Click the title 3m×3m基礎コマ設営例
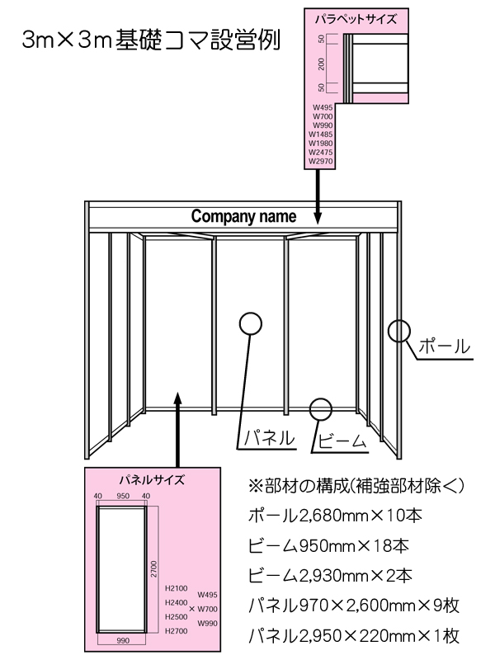click(x=151, y=40)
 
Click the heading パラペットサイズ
click(x=356, y=19)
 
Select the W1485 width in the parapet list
click(x=321, y=134)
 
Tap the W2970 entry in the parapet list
click(x=321, y=161)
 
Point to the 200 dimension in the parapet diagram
click(x=322, y=64)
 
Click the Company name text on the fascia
click(x=243, y=216)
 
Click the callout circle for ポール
click(x=398, y=331)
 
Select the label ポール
click(x=444, y=346)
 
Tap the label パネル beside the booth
click(x=270, y=438)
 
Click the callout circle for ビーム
click(x=321, y=408)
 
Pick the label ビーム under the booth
click(x=342, y=441)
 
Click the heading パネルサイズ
click(x=152, y=480)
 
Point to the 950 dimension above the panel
click(x=123, y=496)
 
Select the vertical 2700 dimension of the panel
click(x=154, y=569)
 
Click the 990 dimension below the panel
click(x=123, y=641)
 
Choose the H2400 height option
click(x=177, y=603)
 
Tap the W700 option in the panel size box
click(x=208, y=609)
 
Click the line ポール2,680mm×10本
click(x=335, y=516)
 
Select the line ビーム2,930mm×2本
click(x=330, y=575)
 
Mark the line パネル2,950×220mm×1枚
click(x=354, y=635)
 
